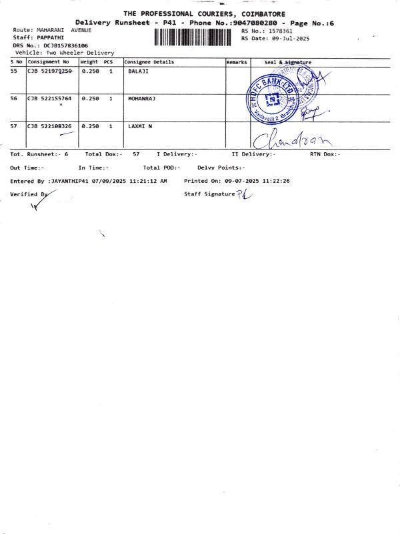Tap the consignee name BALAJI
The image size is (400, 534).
[138, 70]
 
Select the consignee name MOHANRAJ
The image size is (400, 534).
[141, 98]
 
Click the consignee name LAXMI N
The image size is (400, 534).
[140, 125]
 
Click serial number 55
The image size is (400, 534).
[14, 70]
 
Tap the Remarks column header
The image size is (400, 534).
[237, 62]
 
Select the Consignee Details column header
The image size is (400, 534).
[149, 62]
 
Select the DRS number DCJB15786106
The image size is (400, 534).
[65, 45]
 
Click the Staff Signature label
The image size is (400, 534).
[209, 194]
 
